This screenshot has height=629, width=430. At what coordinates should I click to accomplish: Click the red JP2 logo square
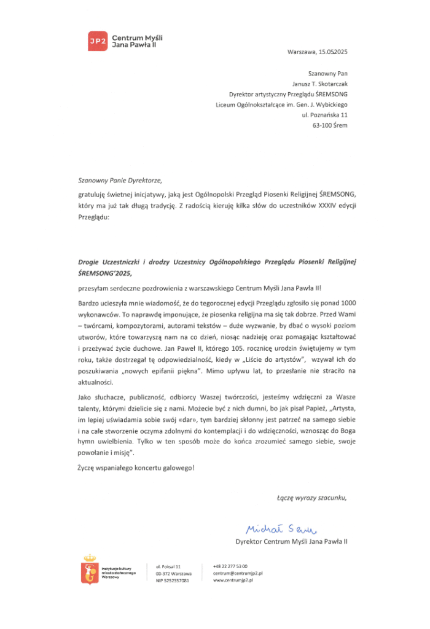coord(97,41)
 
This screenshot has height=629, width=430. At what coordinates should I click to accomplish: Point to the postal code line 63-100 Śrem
coord(330,125)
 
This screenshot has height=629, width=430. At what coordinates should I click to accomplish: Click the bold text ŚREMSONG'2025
coord(104,272)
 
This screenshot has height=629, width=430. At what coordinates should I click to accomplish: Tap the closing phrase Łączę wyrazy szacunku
coord(312,497)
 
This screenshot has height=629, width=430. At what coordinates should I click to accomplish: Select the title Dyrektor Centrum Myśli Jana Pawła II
coord(292,541)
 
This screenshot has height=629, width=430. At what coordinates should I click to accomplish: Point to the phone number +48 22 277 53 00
coord(230,565)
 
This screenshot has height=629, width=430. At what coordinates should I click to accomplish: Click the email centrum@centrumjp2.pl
coord(238,572)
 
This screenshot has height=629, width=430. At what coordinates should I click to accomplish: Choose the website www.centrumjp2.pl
coord(233,580)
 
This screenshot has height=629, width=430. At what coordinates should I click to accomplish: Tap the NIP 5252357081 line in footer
coord(173,580)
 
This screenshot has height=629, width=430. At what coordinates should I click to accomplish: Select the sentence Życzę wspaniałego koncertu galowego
coord(136,468)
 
